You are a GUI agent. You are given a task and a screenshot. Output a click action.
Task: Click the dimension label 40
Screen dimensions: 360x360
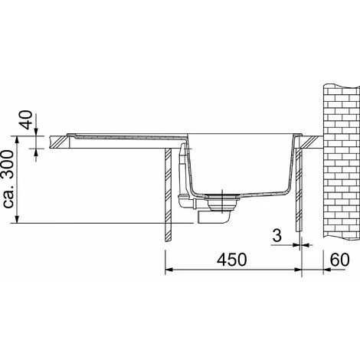[28, 119]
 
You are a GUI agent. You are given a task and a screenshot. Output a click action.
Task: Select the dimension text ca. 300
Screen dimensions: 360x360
[8, 179]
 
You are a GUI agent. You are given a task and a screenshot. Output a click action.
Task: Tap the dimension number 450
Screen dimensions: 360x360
[232, 260]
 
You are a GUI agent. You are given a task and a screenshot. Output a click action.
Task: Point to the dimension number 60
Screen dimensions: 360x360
[339, 260]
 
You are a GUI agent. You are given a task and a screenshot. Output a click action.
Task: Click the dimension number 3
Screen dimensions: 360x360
[277, 235]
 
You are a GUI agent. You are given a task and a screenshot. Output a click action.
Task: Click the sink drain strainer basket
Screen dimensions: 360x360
[222, 202]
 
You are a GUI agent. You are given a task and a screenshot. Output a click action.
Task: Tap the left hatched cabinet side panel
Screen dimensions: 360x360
[168, 195]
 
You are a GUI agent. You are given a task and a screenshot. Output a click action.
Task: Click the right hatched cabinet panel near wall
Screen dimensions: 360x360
[299, 190]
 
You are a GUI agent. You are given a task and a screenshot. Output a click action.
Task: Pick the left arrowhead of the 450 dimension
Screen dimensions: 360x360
[169, 270]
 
